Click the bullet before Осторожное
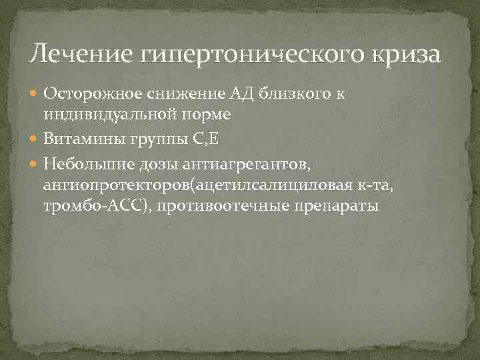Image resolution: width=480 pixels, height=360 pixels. [36, 95]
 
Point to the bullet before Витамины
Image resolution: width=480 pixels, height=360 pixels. [36, 139]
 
